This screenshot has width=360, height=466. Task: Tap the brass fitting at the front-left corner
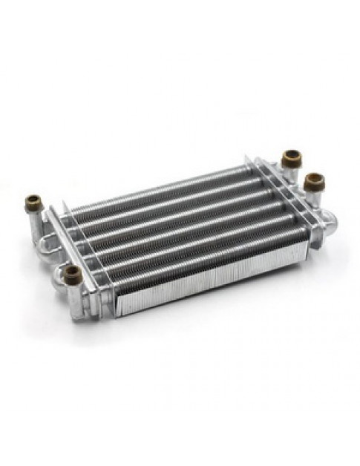(72, 274)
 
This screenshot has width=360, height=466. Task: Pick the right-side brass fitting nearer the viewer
(314, 181)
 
